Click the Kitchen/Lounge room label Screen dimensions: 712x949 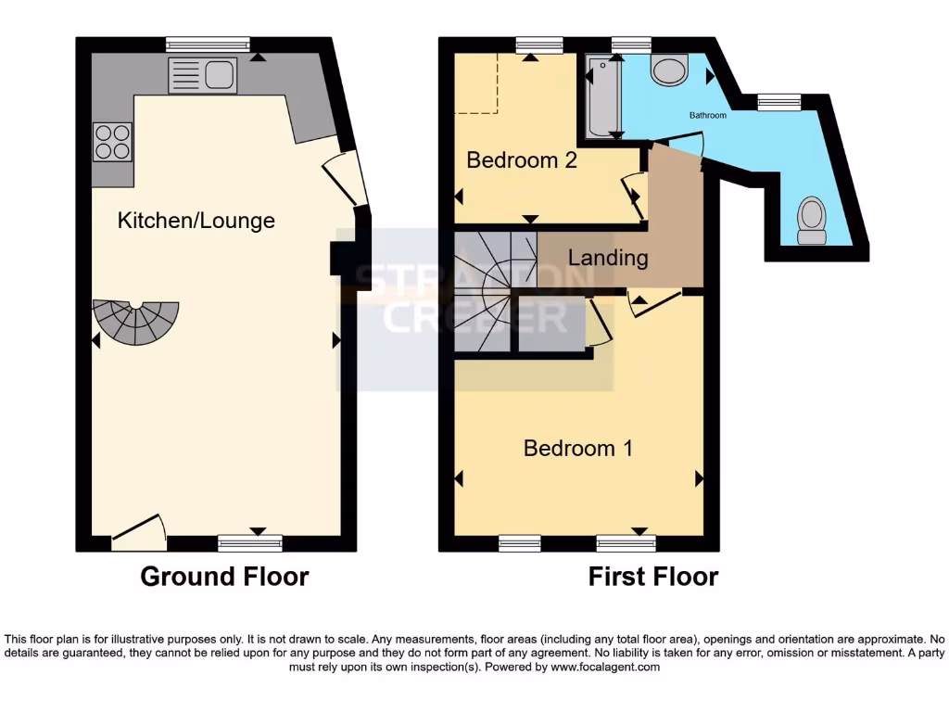tap(196, 221)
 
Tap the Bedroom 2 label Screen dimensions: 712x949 tap(522, 159)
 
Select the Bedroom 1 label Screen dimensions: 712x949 tap(578, 449)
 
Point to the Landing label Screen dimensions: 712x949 tap(607, 257)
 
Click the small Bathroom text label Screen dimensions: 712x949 tap(707, 116)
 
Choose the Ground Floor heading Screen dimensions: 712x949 tap(224, 577)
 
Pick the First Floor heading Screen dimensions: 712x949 tap(653, 577)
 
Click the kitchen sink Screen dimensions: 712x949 tap(202, 75)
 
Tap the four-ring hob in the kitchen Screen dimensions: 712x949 tap(112, 141)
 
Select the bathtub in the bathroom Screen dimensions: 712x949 tap(603, 96)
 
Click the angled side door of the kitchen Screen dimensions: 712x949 tap(344, 178)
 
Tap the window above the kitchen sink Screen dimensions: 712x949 tap(208, 43)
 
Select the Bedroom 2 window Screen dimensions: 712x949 tap(539, 43)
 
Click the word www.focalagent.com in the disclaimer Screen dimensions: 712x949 tap(605, 667)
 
